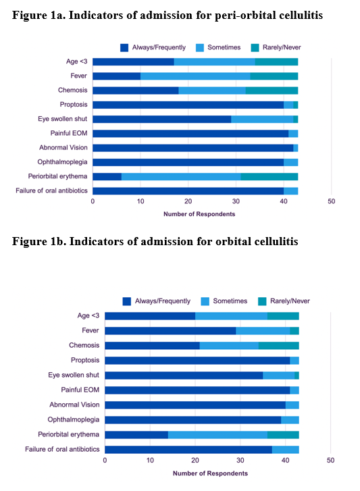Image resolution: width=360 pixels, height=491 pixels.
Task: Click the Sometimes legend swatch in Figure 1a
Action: tap(200, 47)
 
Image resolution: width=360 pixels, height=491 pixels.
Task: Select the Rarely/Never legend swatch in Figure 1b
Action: tap(262, 301)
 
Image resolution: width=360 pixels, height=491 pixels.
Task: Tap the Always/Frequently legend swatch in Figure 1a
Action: tap(124, 47)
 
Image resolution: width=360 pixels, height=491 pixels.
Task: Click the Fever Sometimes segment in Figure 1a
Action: tap(195, 76)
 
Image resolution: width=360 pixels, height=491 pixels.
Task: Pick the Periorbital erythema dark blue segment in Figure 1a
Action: tap(107, 176)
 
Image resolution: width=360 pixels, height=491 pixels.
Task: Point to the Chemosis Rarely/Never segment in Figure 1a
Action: tap(272, 91)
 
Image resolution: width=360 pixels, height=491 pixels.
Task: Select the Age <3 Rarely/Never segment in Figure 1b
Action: tap(283, 316)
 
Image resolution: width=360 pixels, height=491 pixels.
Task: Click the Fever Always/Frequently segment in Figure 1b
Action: tap(170, 331)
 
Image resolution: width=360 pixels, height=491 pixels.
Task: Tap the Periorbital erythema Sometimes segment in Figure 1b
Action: tap(217, 435)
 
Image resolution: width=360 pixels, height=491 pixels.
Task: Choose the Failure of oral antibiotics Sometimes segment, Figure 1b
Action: tap(286, 450)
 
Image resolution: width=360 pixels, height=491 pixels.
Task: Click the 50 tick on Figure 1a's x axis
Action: tap(332, 201)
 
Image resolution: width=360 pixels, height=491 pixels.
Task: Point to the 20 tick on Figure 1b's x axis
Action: tap(195, 461)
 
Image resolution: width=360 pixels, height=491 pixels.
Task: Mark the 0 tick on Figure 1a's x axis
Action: tap(93, 201)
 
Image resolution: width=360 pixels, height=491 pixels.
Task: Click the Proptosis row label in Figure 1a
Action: tap(74, 105)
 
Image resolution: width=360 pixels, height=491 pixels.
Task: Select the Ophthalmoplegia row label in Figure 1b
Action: tap(74, 419)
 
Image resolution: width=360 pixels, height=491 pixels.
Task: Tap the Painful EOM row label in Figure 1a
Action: tap(69, 134)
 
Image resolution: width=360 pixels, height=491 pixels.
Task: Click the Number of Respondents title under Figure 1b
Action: tap(210, 473)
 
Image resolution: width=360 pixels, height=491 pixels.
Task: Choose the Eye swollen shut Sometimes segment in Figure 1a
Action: tap(262, 120)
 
